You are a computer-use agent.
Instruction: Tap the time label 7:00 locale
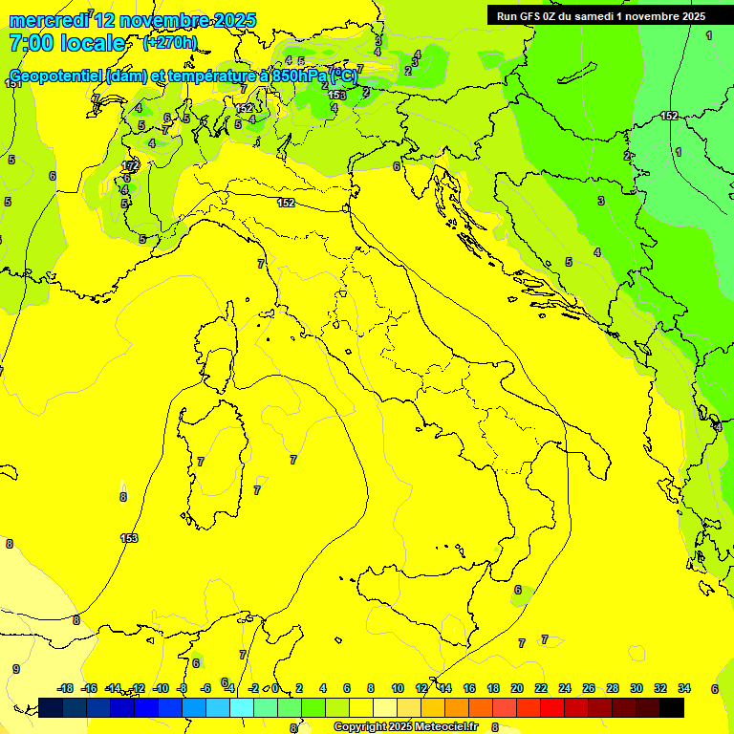point(67,43)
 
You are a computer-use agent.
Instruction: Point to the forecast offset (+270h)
point(170,43)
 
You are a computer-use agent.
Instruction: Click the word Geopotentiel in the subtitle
point(58,76)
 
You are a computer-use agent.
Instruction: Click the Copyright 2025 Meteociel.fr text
point(406,726)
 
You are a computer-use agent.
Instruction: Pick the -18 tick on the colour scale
point(65,688)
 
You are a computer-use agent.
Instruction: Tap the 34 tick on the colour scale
point(684,688)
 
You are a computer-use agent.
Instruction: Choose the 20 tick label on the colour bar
point(517,688)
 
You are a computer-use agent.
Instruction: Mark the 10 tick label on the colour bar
point(398,688)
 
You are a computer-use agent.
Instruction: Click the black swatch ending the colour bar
point(672,707)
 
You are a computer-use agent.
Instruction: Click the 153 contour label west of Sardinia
point(129,538)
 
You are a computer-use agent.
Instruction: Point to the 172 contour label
point(131,166)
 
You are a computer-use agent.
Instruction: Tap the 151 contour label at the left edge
point(13,84)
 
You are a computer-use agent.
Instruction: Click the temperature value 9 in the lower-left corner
point(15,669)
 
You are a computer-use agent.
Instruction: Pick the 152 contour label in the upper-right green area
point(669,116)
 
